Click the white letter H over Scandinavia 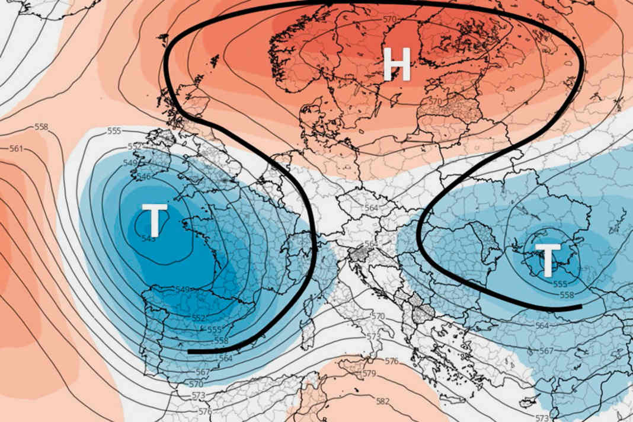click(x=397, y=64)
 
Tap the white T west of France click(x=154, y=220)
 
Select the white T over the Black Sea click(x=548, y=261)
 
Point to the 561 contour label click(x=17, y=148)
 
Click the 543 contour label click(x=149, y=238)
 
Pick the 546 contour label click(x=144, y=177)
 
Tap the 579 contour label click(x=369, y=373)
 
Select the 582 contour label click(x=383, y=401)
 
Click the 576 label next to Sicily click(x=391, y=361)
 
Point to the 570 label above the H click(x=389, y=19)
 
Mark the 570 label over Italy click(x=378, y=316)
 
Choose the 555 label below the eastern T click(x=560, y=284)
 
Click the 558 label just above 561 click(x=41, y=127)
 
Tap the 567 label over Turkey click(x=547, y=350)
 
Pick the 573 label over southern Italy click(x=373, y=337)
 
